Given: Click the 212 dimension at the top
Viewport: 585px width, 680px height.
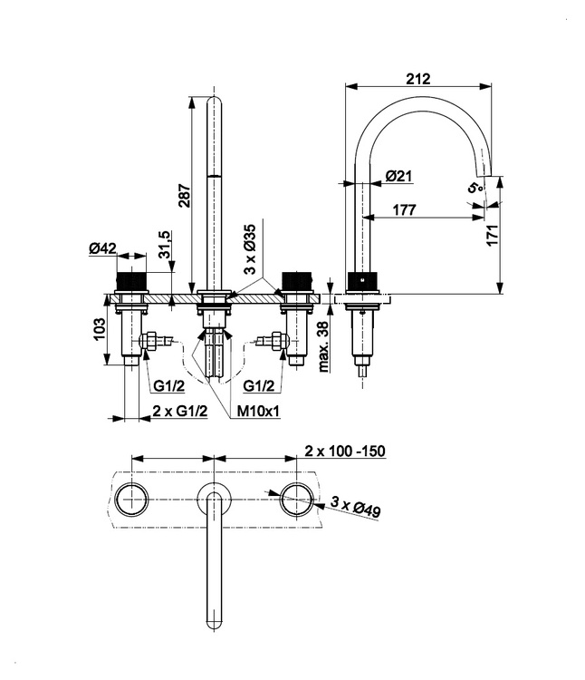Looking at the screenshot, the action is [418, 79].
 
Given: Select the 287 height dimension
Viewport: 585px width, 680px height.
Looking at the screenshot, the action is [185, 196].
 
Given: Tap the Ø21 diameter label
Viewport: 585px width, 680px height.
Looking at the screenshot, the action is [398, 176].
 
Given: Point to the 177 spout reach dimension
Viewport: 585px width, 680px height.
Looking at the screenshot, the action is [405, 209].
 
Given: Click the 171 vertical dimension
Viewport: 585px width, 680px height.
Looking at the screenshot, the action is [493, 235].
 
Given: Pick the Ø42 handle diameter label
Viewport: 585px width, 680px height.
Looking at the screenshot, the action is [103, 248].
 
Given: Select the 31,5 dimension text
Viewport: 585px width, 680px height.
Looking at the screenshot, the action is [166, 245].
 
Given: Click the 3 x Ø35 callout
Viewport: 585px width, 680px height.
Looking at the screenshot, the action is [250, 249].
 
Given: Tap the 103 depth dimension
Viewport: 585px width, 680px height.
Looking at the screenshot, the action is [99, 329].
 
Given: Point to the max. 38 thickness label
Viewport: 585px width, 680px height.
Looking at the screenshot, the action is [323, 346].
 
